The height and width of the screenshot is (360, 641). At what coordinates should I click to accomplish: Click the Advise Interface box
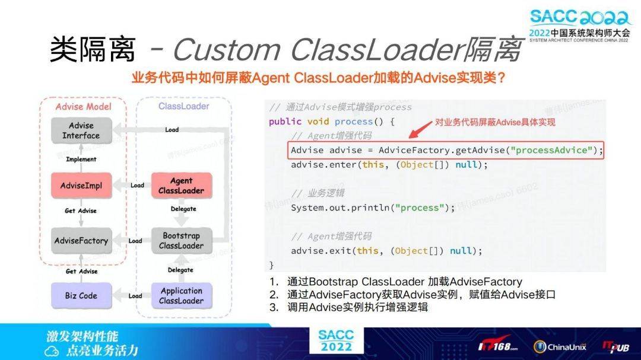[x=81, y=130]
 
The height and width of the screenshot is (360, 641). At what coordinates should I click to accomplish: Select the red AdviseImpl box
[x=81, y=186]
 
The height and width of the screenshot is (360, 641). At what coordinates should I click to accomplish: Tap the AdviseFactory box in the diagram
[x=81, y=241]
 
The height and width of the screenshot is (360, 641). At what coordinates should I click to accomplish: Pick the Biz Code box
[x=81, y=295]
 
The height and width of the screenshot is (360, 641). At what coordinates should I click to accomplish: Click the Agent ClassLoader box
[x=181, y=186]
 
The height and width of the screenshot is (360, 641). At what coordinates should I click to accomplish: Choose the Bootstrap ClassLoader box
[x=181, y=241]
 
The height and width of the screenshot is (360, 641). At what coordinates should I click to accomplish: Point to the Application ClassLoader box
[x=181, y=295]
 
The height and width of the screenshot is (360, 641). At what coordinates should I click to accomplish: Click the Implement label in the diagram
[x=81, y=159]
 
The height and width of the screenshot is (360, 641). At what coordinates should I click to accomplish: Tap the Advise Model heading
[x=83, y=107]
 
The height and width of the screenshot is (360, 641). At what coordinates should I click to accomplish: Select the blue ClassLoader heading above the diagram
[x=183, y=106]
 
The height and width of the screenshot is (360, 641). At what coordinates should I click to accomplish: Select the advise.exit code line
[x=386, y=251]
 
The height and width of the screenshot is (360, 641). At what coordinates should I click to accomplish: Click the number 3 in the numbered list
[x=274, y=307]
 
